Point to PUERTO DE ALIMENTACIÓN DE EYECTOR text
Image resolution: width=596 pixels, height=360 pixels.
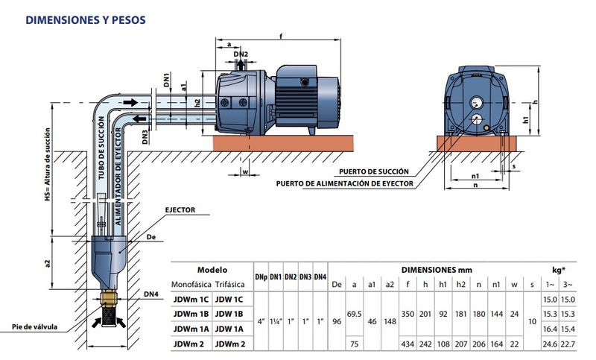pyautogui.click(x=344, y=183)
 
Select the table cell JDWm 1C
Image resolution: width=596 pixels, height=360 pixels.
pyautogui.click(x=191, y=299)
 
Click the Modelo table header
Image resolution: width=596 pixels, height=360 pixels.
pyautogui.click(x=212, y=270)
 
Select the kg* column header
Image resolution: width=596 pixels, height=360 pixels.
pyautogui.click(x=558, y=270)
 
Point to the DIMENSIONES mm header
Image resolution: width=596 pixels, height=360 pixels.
pyautogui.click(x=436, y=270)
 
